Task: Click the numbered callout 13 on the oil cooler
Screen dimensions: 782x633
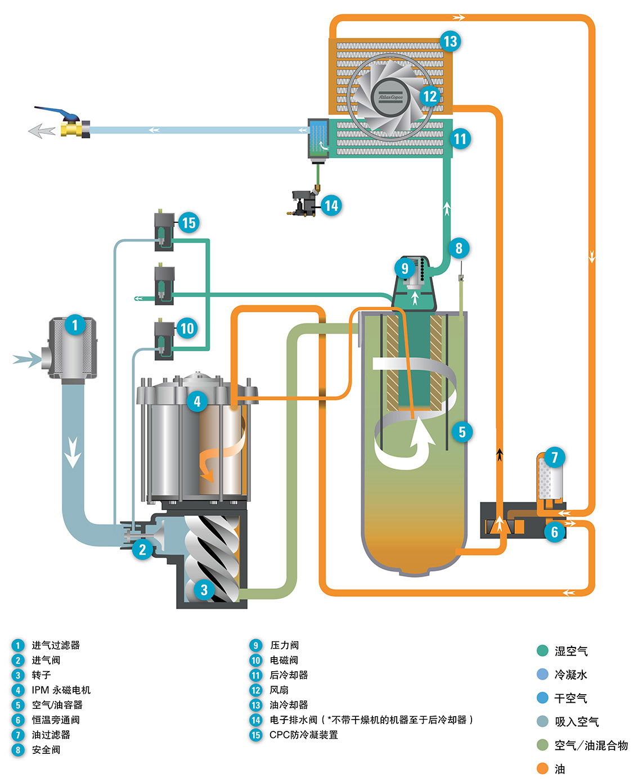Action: point(450,41)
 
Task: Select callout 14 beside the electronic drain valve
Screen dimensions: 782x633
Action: point(331,205)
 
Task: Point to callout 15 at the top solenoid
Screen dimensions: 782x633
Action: point(188,223)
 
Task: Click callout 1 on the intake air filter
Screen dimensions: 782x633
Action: point(75,325)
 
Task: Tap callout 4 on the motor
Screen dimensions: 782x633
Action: point(197,401)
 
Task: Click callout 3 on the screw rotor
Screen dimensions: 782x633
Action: point(204,590)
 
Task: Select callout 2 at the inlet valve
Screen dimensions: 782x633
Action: point(142,549)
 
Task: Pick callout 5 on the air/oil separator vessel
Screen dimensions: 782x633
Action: point(462,432)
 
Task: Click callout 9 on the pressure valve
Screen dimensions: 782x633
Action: point(405,268)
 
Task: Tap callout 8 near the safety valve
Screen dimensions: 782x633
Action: point(459,248)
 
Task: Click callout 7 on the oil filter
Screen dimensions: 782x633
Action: point(554,457)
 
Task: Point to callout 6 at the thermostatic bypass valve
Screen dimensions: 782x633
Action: point(554,532)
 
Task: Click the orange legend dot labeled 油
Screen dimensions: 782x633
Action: point(542,768)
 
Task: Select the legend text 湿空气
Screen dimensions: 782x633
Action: point(571,651)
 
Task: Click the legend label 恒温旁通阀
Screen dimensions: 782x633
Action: point(56,720)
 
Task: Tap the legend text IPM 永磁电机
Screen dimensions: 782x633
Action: point(61,690)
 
